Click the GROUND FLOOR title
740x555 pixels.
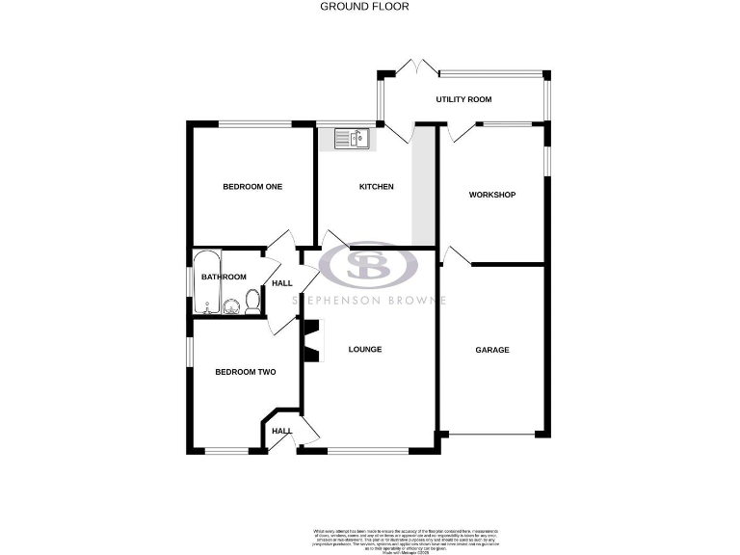point(363,6)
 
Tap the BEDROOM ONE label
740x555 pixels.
point(252,187)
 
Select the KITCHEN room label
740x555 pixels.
point(377,187)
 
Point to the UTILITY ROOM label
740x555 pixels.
point(463,99)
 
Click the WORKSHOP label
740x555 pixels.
point(491,195)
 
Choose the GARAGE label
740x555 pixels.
point(491,350)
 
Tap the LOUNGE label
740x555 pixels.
point(365,349)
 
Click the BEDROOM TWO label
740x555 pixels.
point(246,372)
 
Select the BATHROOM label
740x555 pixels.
point(224,277)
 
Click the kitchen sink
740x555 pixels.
point(355,140)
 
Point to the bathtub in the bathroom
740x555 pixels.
point(206,283)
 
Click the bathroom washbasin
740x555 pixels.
point(232,306)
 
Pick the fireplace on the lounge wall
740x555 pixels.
point(310,342)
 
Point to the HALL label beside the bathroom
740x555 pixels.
point(281,284)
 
